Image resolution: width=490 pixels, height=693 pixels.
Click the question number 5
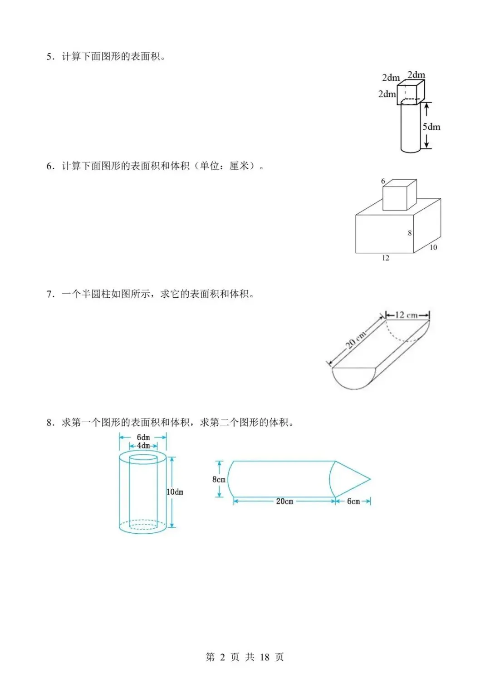tap(49, 57)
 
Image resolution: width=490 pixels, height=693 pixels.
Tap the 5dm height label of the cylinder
tap(431, 127)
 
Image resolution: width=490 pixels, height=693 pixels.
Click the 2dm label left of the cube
tap(387, 94)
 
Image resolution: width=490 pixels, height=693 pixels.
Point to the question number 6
tap(49, 166)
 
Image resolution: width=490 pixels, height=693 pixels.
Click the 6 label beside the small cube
tap(383, 181)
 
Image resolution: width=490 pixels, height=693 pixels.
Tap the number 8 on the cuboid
tap(410, 233)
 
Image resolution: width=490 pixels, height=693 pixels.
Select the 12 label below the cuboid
tap(386, 258)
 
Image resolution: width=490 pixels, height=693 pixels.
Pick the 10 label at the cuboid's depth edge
tap(433, 247)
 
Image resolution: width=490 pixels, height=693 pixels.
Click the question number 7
tap(49, 294)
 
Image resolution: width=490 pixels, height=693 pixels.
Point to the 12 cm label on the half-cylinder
tap(406, 315)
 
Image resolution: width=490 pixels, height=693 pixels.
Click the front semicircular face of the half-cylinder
tap(354, 377)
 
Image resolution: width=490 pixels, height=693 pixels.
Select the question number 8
tap(49, 423)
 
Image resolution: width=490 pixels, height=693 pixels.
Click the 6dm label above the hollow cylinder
tap(143, 437)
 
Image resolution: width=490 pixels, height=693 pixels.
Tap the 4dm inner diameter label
tap(143, 446)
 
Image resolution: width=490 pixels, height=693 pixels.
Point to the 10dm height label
tap(175, 492)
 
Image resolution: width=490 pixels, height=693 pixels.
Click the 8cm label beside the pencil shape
tap(219, 479)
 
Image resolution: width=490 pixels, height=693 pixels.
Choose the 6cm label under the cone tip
tap(353, 501)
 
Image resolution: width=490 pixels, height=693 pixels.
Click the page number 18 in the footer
tap(265, 657)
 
